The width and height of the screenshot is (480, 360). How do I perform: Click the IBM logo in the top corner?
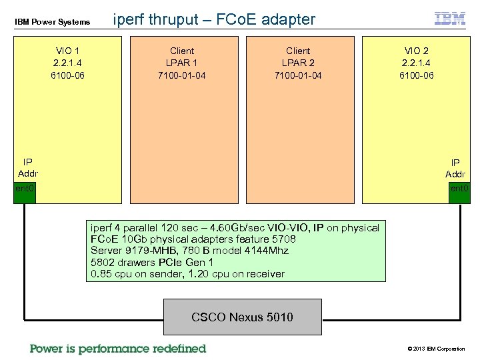450,18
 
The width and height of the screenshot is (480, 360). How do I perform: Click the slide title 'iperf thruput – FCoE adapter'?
214,19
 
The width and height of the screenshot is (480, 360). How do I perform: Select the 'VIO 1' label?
67,51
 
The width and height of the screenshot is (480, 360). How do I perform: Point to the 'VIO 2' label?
416,51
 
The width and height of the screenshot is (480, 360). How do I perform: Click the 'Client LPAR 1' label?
182,57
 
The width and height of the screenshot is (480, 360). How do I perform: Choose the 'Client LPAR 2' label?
298,57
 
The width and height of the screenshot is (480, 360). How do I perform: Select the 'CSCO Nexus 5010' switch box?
242,317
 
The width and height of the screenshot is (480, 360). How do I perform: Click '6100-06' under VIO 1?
67,75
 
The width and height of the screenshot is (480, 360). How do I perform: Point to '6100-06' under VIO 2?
416,75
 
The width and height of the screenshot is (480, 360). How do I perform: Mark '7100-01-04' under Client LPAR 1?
182,75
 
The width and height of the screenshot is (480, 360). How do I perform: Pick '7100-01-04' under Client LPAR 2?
298,75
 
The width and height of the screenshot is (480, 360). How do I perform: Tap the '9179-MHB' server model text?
145,251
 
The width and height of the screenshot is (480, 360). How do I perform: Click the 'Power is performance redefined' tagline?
118,349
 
